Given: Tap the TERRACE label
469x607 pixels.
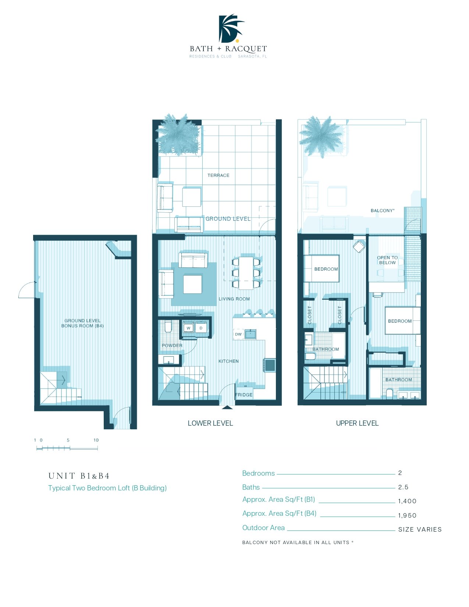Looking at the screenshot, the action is point(218,175).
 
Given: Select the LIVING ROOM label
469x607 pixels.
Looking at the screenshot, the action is point(234,299).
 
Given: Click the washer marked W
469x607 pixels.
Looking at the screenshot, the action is point(188,328).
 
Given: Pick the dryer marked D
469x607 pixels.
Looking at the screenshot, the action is point(201,328).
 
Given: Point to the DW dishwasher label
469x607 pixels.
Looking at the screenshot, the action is point(238,334).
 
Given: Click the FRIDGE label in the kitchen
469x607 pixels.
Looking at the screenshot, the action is point(244,395).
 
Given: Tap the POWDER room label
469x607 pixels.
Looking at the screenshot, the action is point(172,345).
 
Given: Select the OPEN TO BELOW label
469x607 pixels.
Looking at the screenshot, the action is point(387,260).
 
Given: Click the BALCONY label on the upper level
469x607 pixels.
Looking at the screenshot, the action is point(383,211).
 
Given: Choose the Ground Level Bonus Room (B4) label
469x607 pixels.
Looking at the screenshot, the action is point(82,323).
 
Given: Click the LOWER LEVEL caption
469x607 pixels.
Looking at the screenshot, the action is point(210,423).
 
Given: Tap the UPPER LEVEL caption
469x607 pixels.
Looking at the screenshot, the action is point(357,423).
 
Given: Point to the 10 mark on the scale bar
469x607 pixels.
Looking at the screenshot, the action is point(96,440).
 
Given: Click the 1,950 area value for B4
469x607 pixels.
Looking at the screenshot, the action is point(407,515).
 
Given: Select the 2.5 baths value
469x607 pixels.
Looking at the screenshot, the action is point(403,487).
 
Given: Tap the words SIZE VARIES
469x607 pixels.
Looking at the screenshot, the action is point(420,529).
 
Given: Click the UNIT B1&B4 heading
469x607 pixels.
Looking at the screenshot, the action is point(79,476).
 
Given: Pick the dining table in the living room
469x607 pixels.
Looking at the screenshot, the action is point(246,273).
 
